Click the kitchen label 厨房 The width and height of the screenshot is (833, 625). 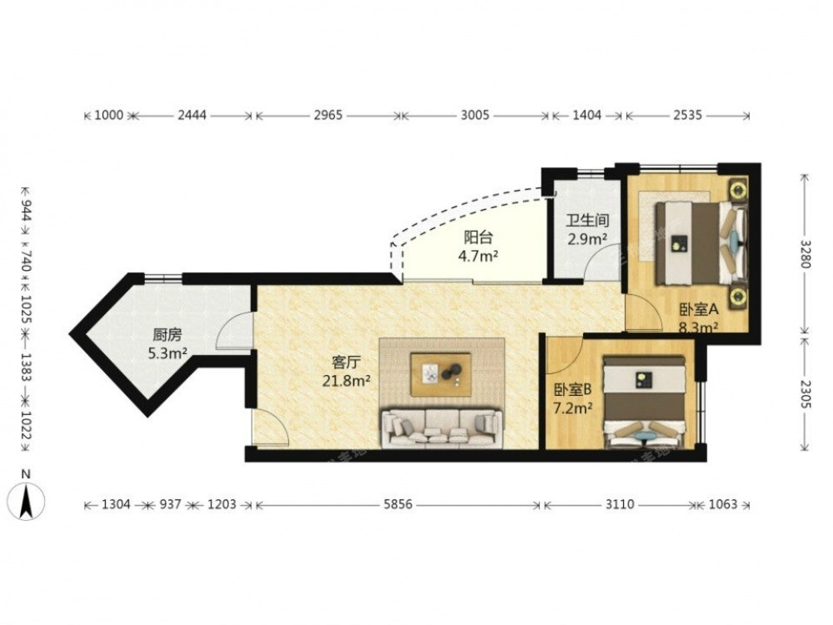tap(167, 335)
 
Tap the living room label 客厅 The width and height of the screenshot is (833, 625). tap(347, 363)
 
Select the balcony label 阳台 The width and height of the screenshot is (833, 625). tap(478, 237)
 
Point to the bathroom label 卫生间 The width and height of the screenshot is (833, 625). tap(587, 220)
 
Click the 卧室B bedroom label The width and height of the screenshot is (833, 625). tap(573, 391)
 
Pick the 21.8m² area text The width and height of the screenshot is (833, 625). tap(347, 381)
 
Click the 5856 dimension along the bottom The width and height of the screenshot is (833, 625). tap(398, 504)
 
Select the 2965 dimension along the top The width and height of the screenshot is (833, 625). tap(327, 115)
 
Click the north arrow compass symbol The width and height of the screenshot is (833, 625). tap(26, 499)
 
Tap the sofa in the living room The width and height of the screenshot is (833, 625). tap(441, 427)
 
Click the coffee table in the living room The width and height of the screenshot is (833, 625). tap(441, 375)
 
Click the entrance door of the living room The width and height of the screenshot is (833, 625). tap(270, 427)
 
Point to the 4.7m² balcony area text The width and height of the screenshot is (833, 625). tap(478, 256)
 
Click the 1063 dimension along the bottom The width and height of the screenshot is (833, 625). tap(722, 504)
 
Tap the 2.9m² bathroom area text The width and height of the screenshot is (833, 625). tap(587, 239)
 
